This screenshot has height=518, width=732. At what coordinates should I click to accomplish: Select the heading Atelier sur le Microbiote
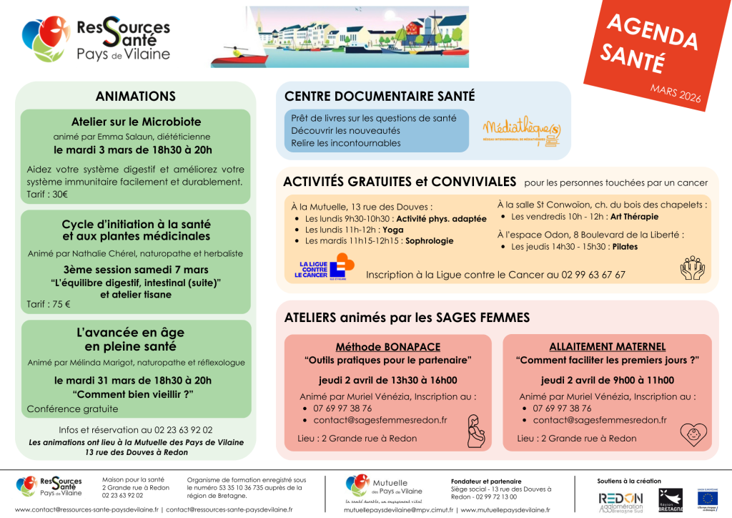136,122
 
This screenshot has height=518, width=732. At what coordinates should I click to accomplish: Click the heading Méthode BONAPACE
388,346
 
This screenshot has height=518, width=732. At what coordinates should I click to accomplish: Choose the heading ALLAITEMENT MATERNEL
608,346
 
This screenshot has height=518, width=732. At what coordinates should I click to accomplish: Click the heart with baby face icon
693,433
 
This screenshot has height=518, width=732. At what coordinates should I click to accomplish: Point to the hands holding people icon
692,269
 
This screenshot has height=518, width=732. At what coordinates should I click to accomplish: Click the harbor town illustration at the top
340,37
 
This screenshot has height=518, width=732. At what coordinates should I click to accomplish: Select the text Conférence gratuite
73,409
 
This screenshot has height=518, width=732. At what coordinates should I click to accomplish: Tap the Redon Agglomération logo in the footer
620,500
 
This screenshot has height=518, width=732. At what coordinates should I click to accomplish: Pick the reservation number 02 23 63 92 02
177,430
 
